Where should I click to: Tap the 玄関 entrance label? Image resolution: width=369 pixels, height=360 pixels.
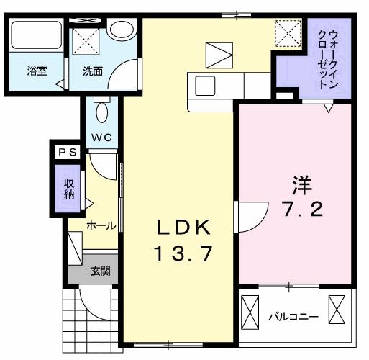pos(101,271)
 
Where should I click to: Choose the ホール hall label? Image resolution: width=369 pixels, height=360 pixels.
pos(101,225)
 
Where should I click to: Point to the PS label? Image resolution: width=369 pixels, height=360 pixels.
pos(68,152)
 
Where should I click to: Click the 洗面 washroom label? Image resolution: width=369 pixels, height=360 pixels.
pos(92,71)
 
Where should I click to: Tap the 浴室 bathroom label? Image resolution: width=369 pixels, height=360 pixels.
pos(37,71)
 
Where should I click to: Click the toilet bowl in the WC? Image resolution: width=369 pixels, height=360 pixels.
pos(101,111)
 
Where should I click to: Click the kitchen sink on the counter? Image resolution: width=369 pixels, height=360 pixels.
pos(204,86)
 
